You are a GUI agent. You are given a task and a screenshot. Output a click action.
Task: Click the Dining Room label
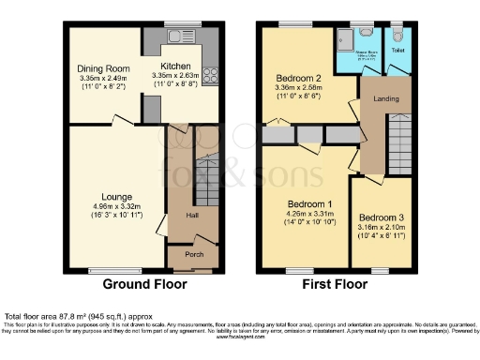tap(102, 68)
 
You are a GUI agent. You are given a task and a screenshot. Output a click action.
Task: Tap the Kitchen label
tap(175, 66)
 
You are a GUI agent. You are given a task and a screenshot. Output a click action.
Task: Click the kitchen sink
tap(174, 37)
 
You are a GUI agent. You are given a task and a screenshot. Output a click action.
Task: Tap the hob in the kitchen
tap(209, 77)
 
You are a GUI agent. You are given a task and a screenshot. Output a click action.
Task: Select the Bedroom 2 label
tap(298, 78)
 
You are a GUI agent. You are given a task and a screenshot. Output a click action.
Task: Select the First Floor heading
tap(335, 284)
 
